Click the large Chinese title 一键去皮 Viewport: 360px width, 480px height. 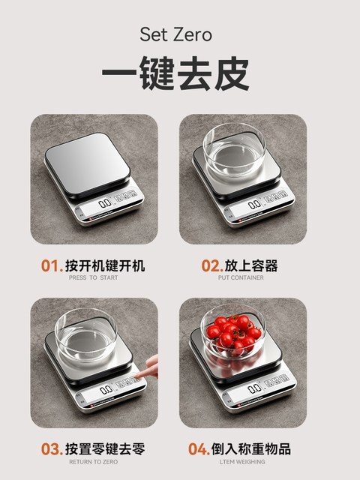(x=175, y=75)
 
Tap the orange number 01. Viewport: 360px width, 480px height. (x=51, y=265)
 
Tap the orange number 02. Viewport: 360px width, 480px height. (x=211, y=265)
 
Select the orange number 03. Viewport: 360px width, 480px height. (x=51, y=449)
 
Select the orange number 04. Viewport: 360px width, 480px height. (x=199, y=449)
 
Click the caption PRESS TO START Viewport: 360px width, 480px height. (x=93, y=278)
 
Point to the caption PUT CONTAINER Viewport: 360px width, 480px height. (x=241, y=278)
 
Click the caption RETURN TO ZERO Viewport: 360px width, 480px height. (x=93, y=462)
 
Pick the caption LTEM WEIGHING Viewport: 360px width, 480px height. (x=241, y=462)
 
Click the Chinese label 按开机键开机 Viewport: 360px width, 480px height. (x=105, y=265)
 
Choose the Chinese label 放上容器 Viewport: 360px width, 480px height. (x=251, y=265)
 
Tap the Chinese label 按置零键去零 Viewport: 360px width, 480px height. (x=105, y=449)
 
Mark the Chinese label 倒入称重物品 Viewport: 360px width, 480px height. (x=251, y=449)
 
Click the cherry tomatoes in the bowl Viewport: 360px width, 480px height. (x=233, y=333)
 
